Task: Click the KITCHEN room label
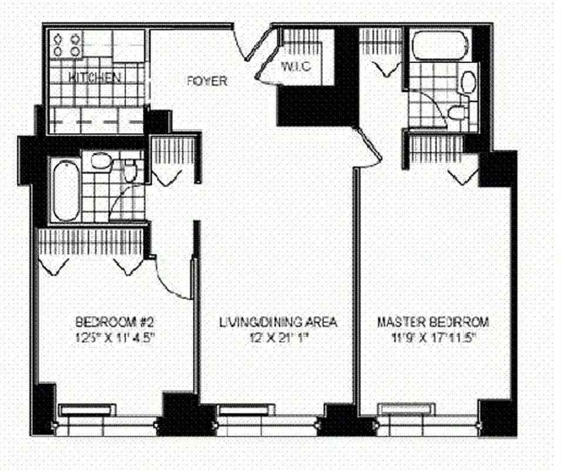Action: [95, 77]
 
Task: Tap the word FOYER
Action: [206, 81]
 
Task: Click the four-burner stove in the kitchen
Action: [66, 45]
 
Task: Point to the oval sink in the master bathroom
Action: [468, 82]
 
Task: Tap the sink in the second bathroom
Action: [101, 160]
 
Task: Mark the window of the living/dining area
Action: [245, 409]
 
